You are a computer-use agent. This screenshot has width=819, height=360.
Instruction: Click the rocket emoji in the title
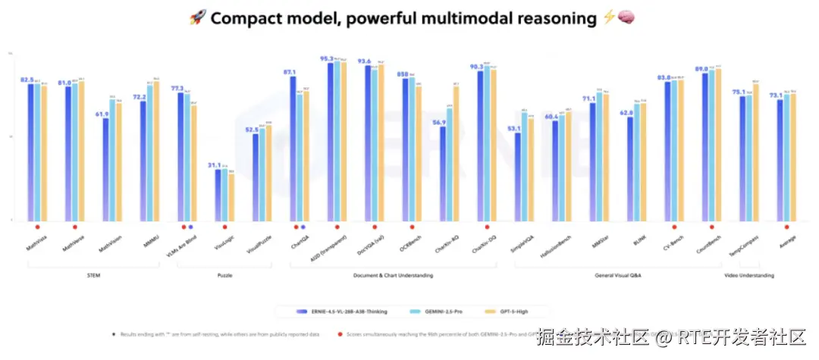(197, 17)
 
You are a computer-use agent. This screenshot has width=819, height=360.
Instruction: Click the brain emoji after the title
(626, 17)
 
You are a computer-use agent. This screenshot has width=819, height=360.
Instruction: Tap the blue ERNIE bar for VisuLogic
(218, 195)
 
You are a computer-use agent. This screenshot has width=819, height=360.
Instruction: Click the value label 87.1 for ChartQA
(290, 72)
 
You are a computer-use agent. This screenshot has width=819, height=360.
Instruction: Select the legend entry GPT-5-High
(519, 311)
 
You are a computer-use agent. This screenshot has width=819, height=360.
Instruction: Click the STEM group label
(94, 276)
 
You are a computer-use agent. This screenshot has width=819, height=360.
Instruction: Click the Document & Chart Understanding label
(394, 276)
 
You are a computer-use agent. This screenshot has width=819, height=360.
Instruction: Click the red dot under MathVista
(37, 227)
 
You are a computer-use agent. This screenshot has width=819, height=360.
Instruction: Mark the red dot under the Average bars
(787, 227)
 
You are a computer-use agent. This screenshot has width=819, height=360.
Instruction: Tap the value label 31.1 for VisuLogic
(215, 165)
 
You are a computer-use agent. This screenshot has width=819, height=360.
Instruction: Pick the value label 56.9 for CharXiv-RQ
(439, 123)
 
